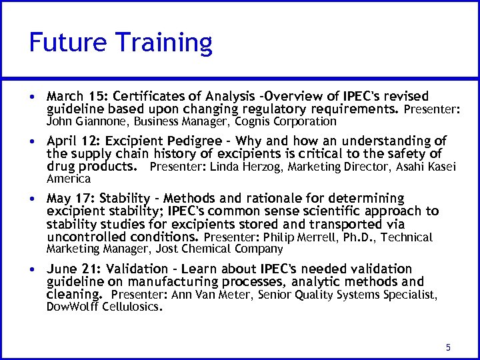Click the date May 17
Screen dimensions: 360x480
point(67,199)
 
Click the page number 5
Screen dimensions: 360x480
point(448,347)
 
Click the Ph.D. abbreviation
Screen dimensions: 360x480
point(357,237)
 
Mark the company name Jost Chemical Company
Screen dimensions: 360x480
point(219,249)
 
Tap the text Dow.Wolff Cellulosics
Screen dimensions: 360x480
point(104,307)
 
